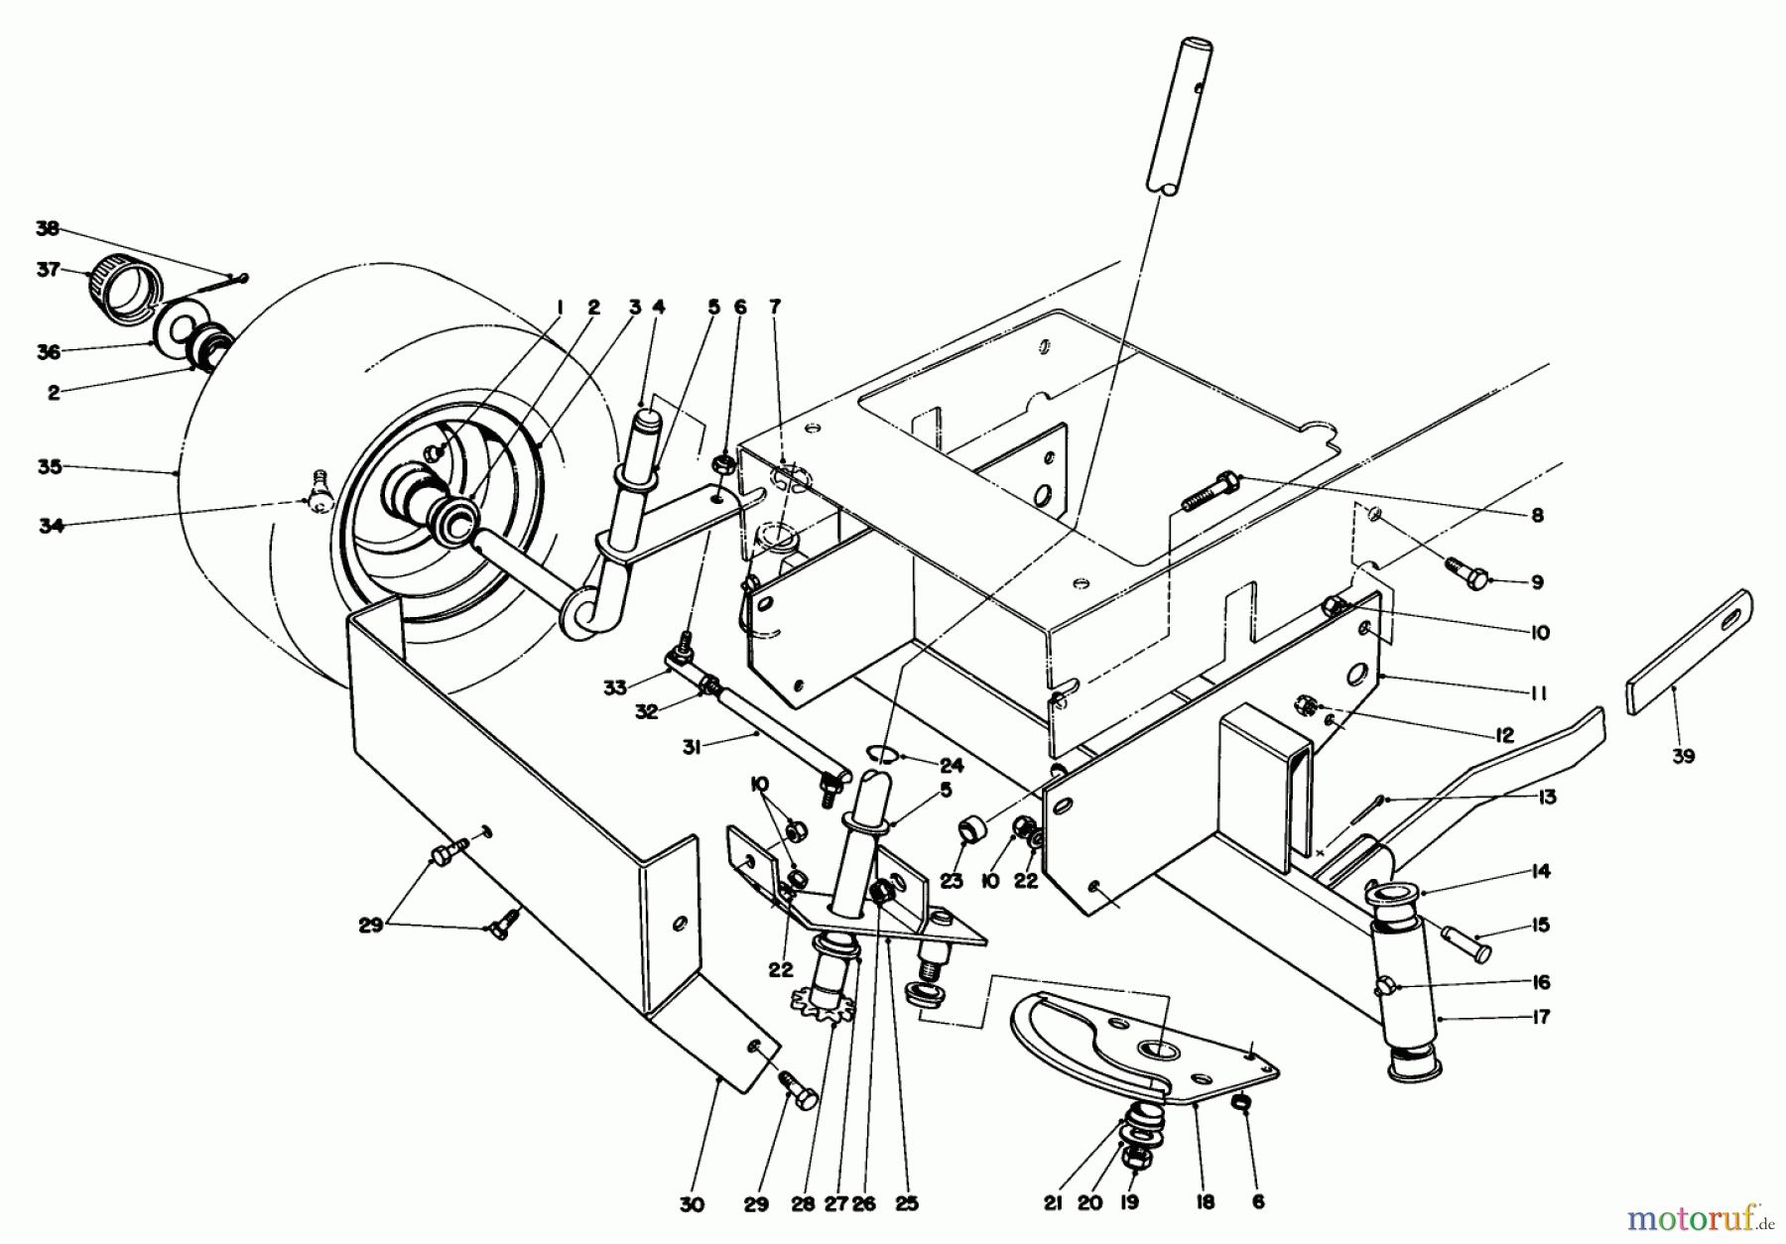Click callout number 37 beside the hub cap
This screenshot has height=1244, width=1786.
pos(48,269)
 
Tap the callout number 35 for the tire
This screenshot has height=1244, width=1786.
pos(49,466)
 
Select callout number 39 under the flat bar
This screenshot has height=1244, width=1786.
pos(1682,756)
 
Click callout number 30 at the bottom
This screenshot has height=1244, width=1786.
pos(692,1204)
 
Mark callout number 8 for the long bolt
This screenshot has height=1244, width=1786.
pos(1536,515)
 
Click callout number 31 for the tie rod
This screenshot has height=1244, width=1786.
pos(692,748)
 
